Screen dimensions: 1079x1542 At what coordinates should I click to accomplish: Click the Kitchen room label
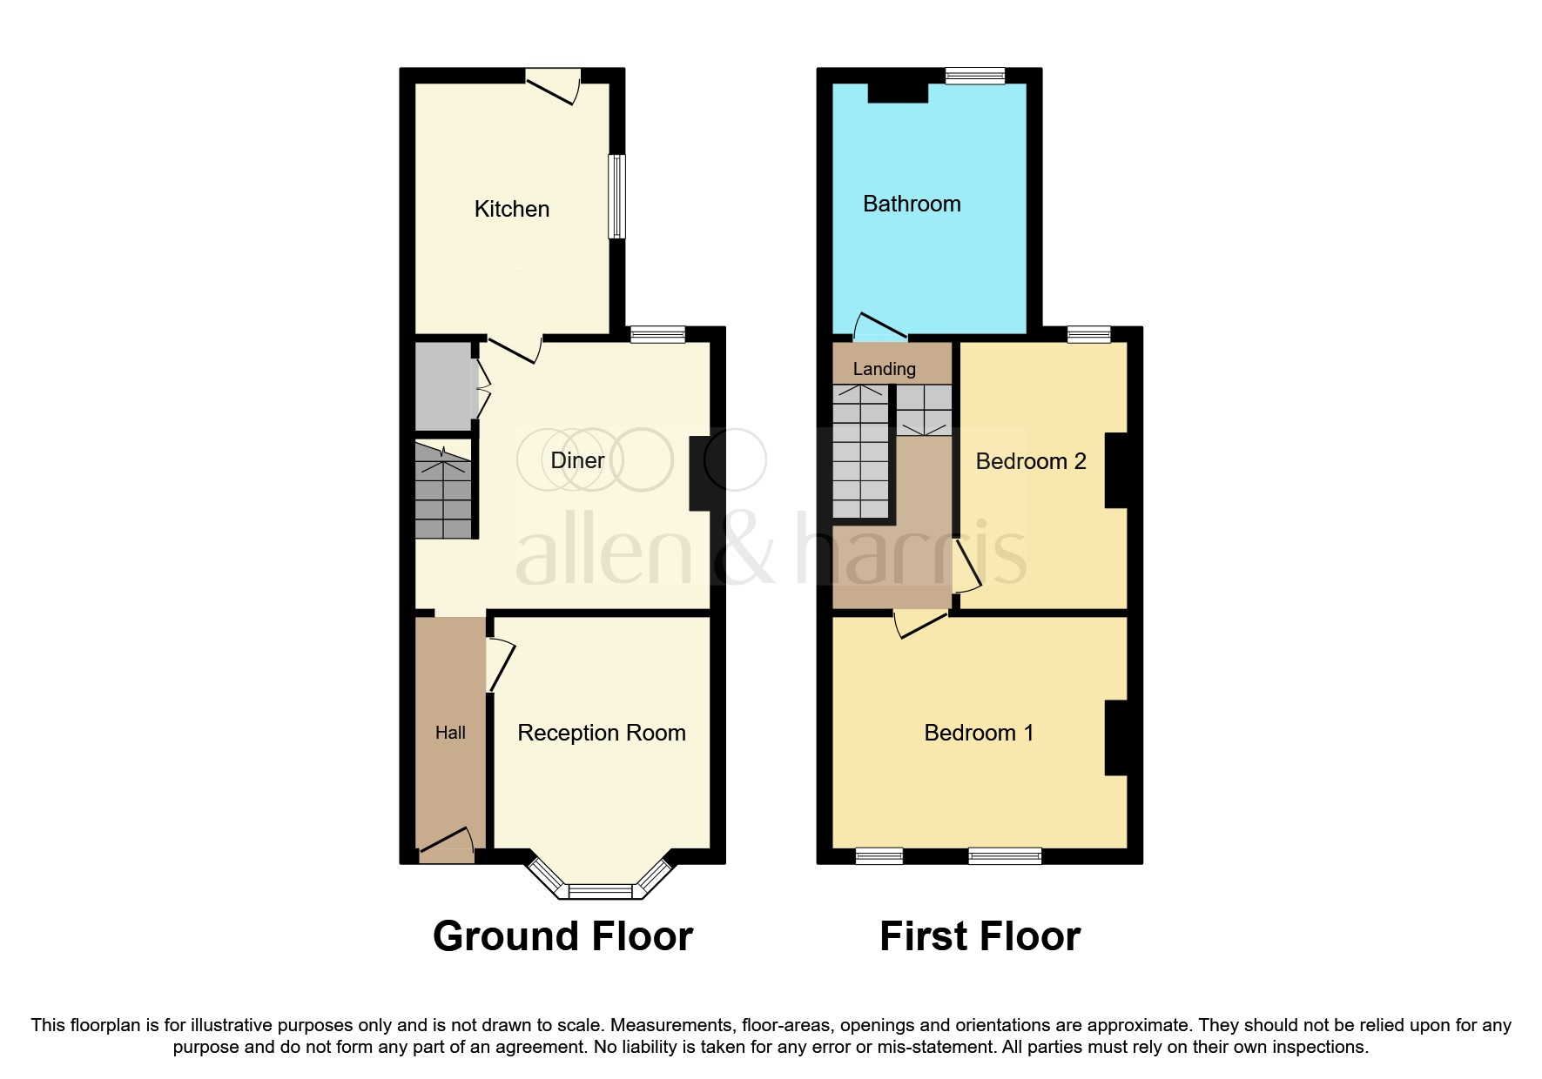[x=511, y=209]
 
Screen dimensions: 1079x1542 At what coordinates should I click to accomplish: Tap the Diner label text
[x=577, y=460]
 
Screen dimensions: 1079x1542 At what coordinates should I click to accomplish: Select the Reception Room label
[x=601, y=733]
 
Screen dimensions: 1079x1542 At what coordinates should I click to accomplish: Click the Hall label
[x=450, y=733]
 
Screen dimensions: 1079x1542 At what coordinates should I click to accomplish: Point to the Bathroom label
[x=912, y=204]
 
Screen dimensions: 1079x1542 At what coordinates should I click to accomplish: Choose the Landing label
[x=884, y=369]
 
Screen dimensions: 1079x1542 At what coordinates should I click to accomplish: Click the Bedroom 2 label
[x=1030, y=461]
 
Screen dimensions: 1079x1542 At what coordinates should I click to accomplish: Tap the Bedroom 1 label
[x=979, y=733]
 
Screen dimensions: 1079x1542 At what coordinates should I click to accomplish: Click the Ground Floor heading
[x=562, y=936]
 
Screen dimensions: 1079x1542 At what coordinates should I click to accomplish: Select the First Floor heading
[x=980, y=936]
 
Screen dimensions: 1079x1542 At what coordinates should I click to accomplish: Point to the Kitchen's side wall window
[x=616, y=197]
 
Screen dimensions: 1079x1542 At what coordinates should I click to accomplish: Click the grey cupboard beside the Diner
[x=442, y=386]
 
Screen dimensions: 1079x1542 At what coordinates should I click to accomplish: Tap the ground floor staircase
[x=443, y=492]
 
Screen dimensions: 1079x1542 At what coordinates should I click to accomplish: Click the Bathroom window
[x=975, y=76]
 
